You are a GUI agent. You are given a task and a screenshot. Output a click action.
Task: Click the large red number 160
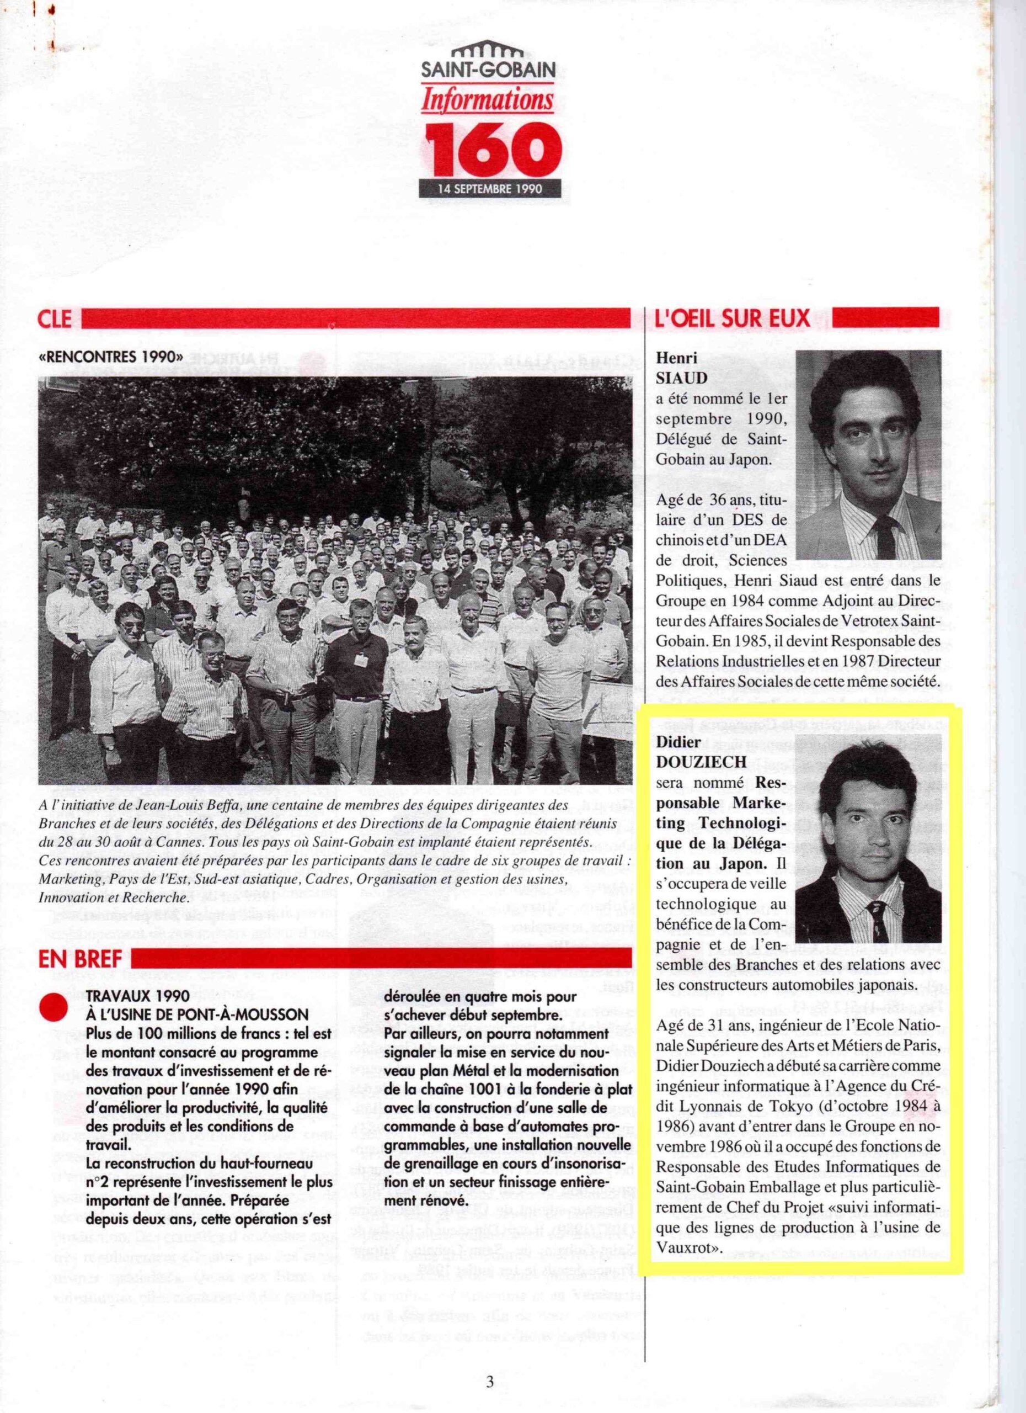pyautogui.click(x=490, y=146)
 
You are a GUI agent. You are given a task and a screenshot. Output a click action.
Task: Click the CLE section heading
pyautogui.click(x=54, y=319)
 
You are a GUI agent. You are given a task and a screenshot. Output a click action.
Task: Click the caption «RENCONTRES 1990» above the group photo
pyautogui.click(x=111, y=358)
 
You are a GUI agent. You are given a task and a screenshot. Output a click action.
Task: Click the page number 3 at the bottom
pyautogui.click(x=490, y=1361)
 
